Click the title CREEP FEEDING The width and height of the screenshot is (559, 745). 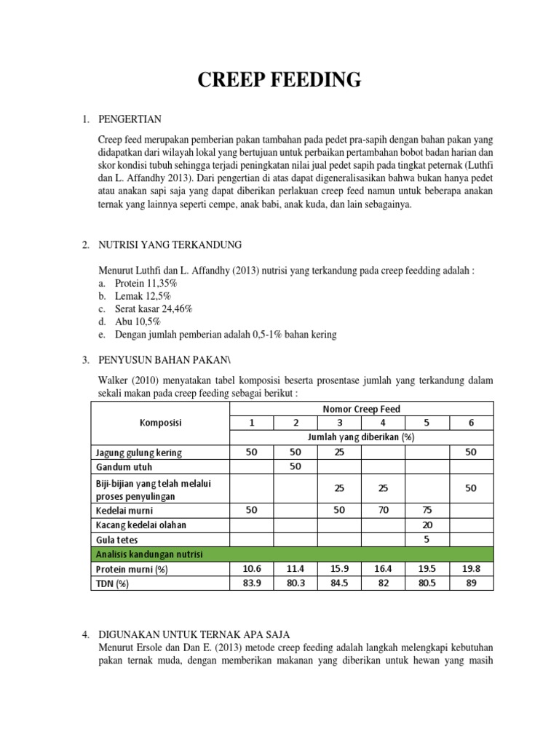coord(280,79)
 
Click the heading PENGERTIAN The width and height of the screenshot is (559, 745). coord(130,119)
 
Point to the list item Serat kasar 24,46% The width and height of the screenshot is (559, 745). coord(153,308)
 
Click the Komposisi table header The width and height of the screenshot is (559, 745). coord(160,423)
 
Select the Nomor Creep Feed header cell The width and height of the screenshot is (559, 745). coord(361,409)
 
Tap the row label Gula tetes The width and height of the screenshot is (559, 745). coord(117,540)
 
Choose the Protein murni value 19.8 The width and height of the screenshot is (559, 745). coord(471,568)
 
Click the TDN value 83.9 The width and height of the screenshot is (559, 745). coord(251,583)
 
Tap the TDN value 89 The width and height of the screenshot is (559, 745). coord(471,583)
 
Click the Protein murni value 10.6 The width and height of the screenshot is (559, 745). coord(251,568)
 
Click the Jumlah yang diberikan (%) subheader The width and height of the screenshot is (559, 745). coord(361,437)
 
